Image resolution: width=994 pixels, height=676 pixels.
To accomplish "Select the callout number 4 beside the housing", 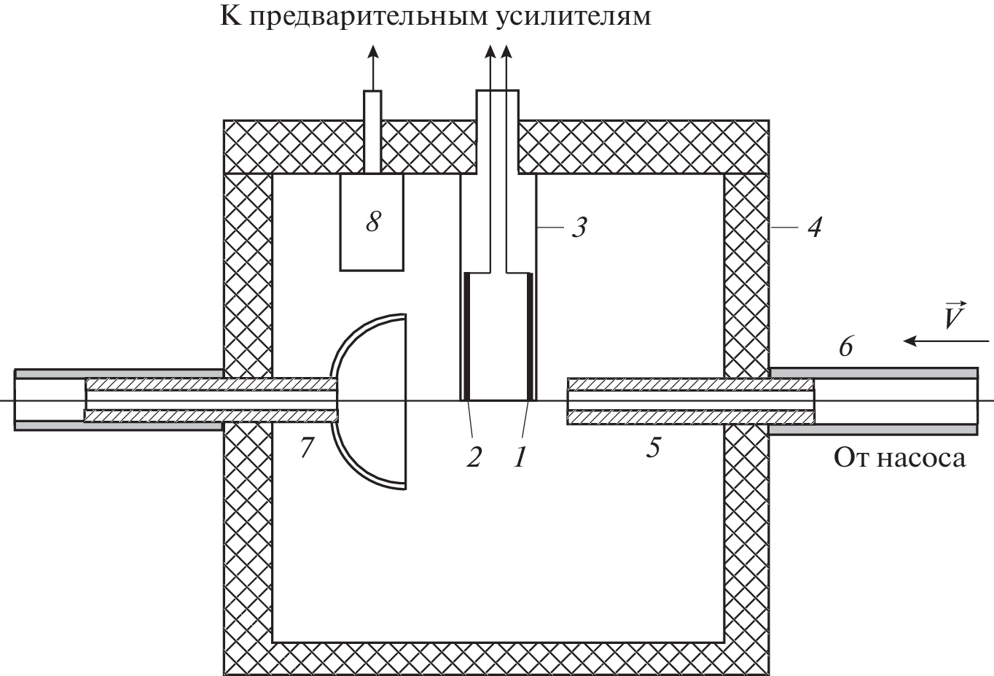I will click(814, 228).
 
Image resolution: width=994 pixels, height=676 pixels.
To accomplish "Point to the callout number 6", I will click(845, 346).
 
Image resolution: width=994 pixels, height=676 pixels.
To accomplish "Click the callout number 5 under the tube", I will click(653, 447).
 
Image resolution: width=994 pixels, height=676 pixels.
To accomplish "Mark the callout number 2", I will click(474, 457).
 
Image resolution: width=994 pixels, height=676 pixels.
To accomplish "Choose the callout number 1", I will click(520, 457).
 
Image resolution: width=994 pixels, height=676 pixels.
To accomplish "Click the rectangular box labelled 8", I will click(372, 241).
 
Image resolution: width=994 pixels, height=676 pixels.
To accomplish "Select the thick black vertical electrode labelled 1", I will click(530, 337).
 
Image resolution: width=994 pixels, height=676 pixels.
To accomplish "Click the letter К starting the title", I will click(230, 15).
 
